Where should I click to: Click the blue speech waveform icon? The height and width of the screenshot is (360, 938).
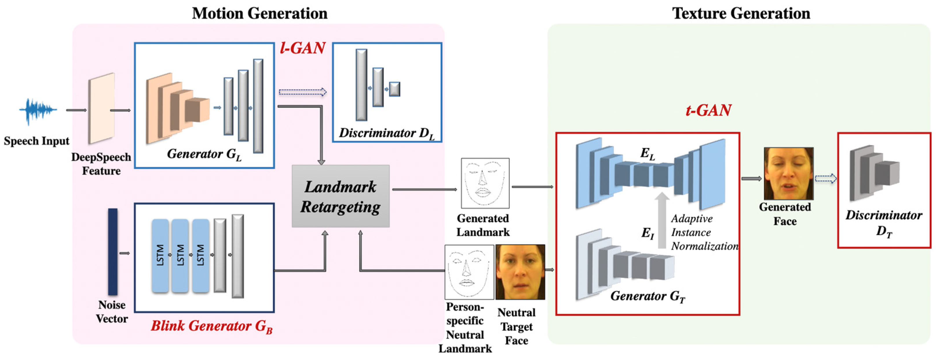click(38, 110)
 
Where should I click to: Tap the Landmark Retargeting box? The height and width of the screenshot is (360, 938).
click(341, 196)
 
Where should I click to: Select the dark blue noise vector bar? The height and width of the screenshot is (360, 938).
click(113, 251)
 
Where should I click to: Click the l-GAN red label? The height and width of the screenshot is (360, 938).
click(302, 48)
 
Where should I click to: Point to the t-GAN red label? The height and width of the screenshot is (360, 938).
click(708, 110)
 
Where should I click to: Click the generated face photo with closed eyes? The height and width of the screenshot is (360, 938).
click(788, 173)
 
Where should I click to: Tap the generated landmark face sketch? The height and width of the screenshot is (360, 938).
click(485, 183)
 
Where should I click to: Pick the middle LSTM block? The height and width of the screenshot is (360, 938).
click(180, 256)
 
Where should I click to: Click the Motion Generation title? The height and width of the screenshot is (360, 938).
click(260, 14)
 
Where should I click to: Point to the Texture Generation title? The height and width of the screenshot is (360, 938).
click(741, 14)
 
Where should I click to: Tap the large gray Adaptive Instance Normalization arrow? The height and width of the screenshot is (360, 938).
click(662, 220)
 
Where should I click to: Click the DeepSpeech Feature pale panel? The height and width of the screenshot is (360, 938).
click(101, 109)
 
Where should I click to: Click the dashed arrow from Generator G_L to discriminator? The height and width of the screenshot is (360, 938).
click(302, 92)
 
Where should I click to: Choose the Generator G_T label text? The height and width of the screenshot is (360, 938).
click(648, 296)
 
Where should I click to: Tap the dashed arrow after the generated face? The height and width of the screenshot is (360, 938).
click(825, 178)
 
